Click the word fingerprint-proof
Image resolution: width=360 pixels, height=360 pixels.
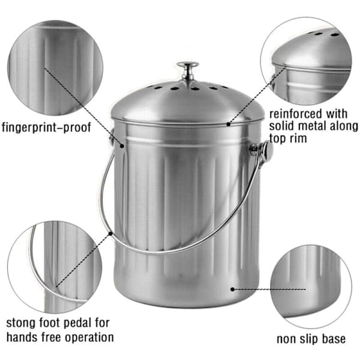(46, 128)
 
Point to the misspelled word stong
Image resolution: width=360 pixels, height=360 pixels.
(21, 323)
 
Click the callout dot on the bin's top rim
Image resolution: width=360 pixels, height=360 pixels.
(228, 124)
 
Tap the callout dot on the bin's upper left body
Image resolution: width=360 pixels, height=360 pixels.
(122, 146)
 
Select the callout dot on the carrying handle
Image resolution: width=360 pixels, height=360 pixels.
(110, 234)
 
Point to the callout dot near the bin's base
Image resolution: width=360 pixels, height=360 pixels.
(233, 289)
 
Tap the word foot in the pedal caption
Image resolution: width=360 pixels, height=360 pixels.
(50, 323)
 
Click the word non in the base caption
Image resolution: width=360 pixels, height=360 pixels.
(286, 340)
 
